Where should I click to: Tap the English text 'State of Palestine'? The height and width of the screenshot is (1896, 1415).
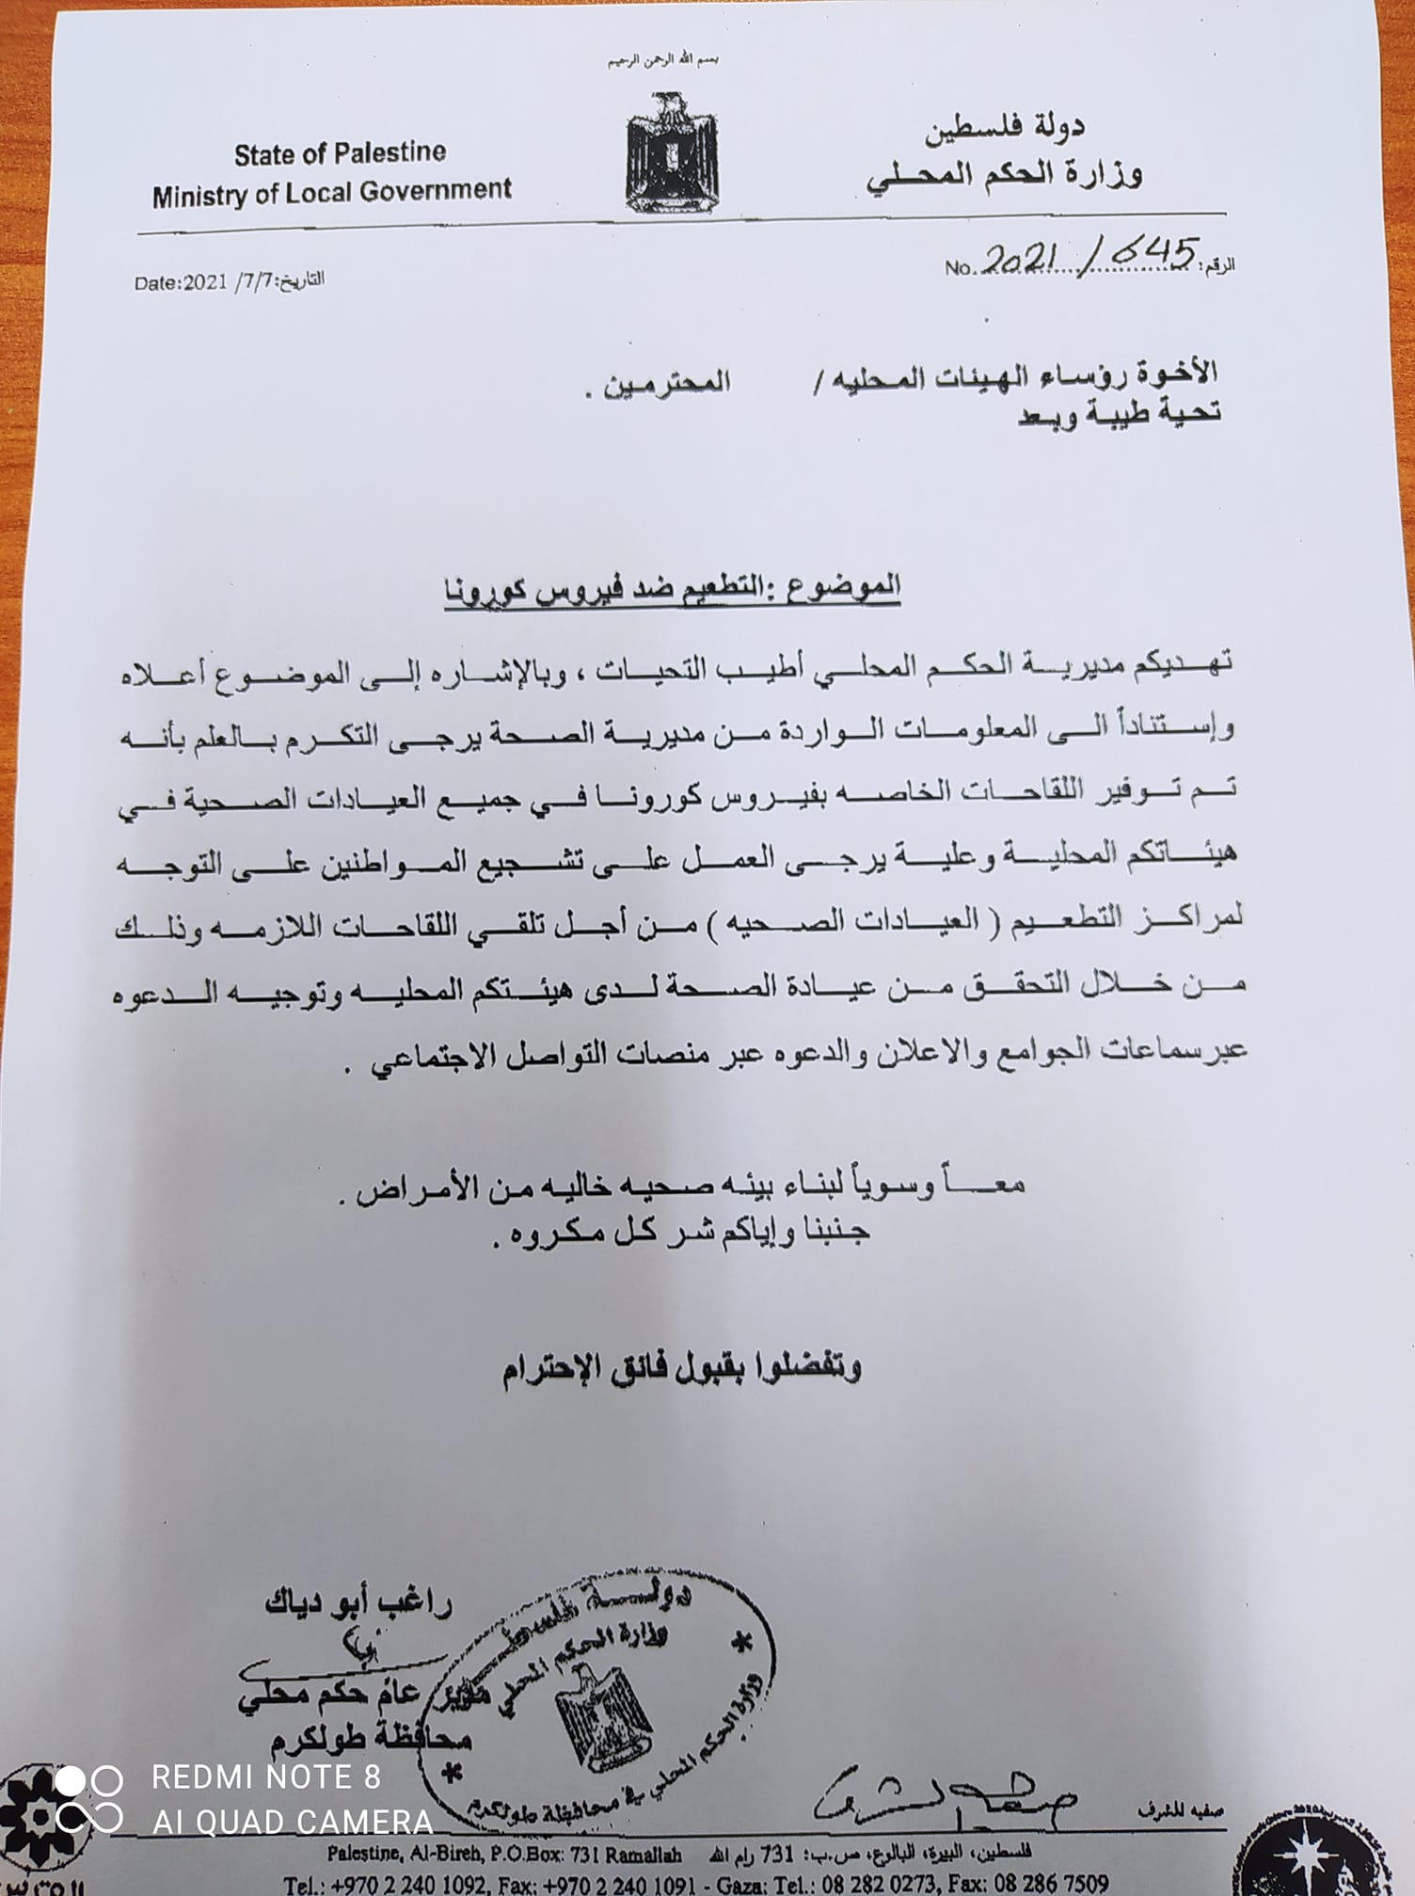coord(340,153)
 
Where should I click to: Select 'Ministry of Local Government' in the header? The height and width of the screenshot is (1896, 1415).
coord(331,193)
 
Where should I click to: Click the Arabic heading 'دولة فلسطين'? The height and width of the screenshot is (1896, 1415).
coord(1004,130)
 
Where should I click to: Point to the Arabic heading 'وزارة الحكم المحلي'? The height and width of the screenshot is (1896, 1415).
coord(1004,175)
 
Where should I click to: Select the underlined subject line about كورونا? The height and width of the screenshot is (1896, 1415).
coord(672,588)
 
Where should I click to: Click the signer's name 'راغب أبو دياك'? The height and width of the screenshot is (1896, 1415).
coord(358,1602)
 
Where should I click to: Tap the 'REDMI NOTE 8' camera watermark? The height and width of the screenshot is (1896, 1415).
coord(266,1777)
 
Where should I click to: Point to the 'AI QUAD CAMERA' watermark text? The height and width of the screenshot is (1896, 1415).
coord(293,1822)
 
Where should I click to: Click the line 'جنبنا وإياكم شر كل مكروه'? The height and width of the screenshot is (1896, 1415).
coord(680,1233)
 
